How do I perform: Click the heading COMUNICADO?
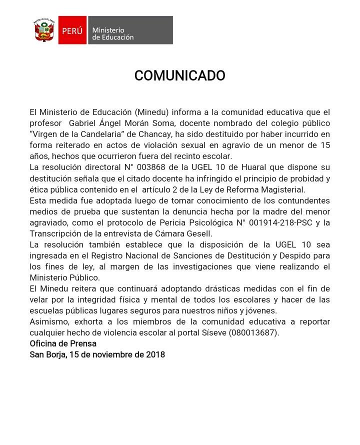179,76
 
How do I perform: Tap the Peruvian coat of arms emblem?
44,30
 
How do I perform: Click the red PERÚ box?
72,30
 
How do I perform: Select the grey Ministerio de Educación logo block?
130,30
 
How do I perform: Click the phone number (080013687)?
254,332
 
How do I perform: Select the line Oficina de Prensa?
63,343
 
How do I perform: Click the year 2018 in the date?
155,354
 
